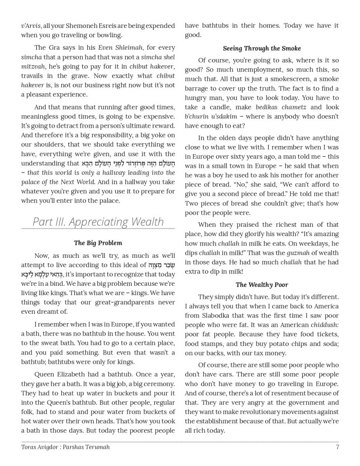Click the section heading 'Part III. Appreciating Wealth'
pos(98,222)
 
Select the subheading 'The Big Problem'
pos(98,243)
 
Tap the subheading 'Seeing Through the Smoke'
pos(262,49)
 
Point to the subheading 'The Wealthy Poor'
pos(262,285)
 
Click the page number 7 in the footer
pos(337,447)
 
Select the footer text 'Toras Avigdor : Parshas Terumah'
pos(65,447)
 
